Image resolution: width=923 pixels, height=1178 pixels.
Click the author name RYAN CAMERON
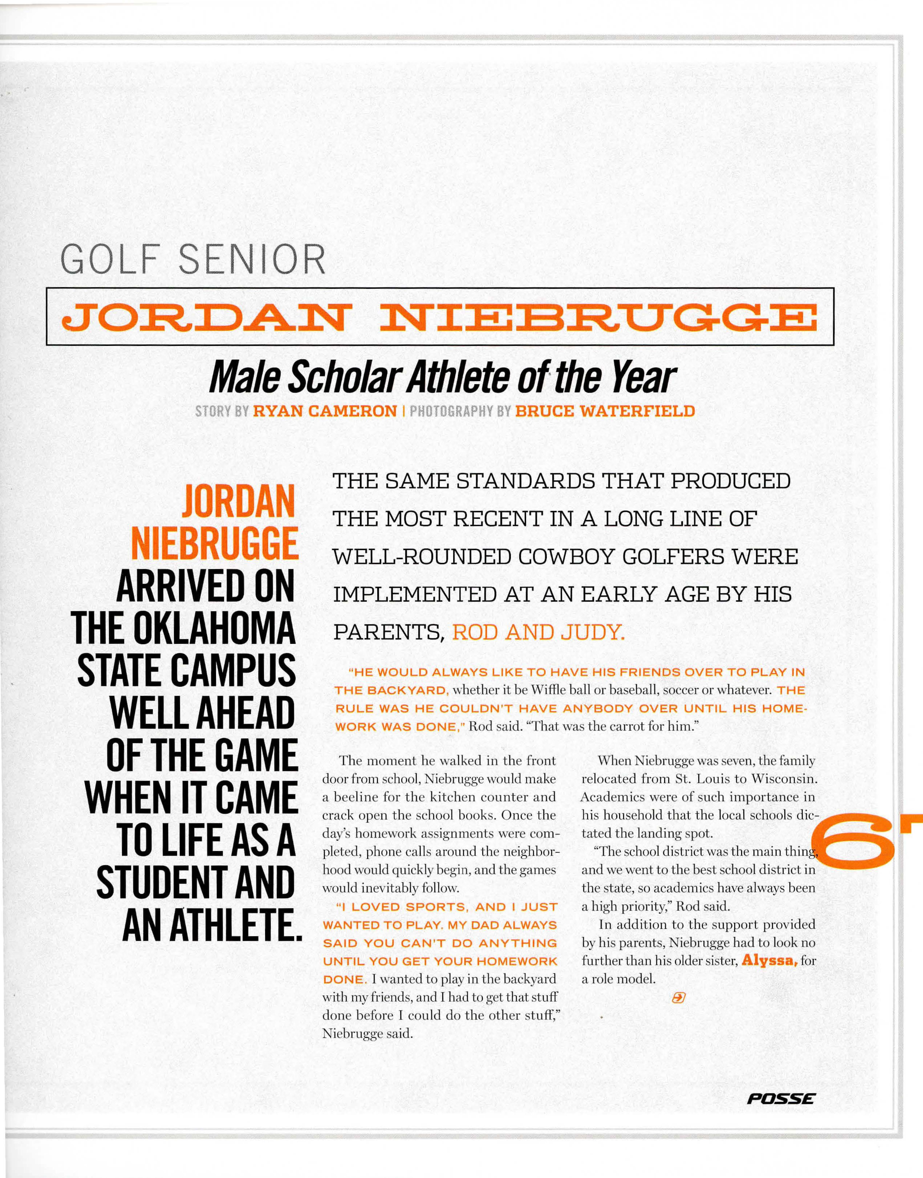coord(325,411)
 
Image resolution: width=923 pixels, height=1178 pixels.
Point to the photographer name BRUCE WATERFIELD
coord(605,411)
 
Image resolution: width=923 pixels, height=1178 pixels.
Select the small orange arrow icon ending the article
coord(678,998)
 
